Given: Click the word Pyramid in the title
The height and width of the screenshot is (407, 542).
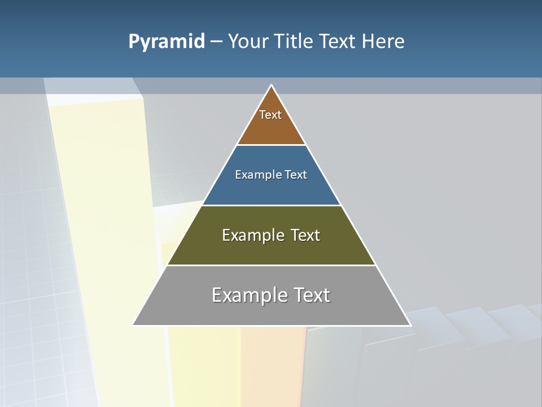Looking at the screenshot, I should [167, 42].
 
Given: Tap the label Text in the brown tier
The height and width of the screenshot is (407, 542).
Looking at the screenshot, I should [270, 115].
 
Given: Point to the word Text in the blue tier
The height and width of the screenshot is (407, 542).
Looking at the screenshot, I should [296, 175].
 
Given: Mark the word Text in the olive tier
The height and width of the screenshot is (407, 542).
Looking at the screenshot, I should [305, 235].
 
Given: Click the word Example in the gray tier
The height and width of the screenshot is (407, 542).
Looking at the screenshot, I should [247, 295].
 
